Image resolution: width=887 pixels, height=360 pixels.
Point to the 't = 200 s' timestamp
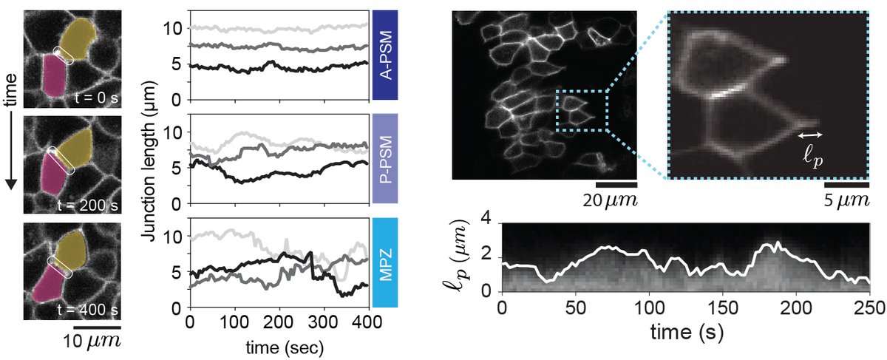point(89,202)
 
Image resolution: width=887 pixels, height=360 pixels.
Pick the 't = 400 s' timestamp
point(89,308)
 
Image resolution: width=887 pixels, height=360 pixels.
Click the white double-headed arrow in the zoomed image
point(812,135)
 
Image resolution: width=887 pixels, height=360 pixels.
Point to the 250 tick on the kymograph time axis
point(869,307)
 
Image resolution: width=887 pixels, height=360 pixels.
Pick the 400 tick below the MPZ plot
point(367,323)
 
